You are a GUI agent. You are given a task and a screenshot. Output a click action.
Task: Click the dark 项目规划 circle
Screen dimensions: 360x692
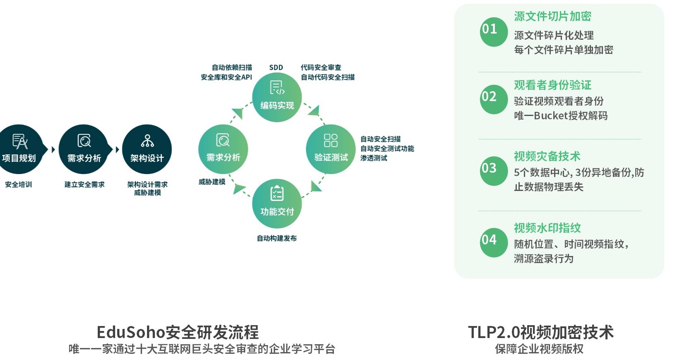[19, 149]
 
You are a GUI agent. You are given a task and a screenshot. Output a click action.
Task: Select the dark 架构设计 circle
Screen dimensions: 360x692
[147, 149]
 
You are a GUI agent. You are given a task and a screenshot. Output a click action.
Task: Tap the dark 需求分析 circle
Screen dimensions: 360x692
[84, 149]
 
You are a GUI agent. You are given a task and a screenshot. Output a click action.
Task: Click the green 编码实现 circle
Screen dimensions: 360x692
[277, 97]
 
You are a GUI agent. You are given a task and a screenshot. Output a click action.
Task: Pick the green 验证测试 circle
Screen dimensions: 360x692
[330, 149]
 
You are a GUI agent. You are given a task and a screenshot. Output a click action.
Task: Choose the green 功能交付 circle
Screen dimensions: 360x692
[277, 203]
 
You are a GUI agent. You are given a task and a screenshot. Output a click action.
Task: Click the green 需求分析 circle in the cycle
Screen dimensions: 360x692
[223, 149]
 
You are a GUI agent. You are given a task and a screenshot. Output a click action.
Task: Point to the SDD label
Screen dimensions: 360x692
[276, 68]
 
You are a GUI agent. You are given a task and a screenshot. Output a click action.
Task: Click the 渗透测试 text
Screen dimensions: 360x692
[374, 158]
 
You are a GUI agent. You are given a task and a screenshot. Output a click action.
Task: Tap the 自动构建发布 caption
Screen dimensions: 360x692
[277, 238]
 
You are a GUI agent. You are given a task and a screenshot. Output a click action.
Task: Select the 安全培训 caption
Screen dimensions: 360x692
[19, 184]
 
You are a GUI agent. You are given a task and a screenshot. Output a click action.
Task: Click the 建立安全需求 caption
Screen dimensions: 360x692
[84, 184]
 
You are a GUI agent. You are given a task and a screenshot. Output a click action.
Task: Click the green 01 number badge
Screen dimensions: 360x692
[493, 31]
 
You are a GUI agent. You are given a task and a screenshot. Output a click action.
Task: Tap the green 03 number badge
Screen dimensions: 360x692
[493, 171]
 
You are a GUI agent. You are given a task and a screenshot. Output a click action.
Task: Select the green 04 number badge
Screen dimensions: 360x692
[493, 242]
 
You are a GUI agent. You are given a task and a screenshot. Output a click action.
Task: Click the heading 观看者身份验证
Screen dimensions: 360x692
[552, 85]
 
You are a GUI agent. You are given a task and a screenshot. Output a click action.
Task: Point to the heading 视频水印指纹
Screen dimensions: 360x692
[547, 228]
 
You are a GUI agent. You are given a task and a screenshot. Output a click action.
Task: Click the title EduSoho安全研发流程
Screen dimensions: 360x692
[177, 332]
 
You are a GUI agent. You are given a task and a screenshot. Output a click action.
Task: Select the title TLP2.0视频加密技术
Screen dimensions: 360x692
[540, 332]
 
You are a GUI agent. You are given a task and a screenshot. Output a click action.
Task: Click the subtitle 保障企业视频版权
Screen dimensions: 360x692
[539, 349]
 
